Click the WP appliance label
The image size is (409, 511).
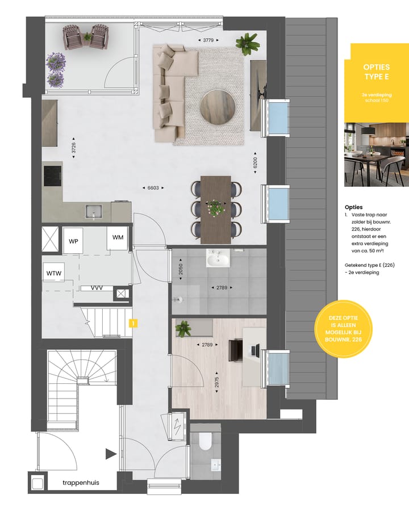pyautogui.click(x=73, y=241)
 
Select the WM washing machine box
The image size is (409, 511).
pyautogui.click(x=118, y=237)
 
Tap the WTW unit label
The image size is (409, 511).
pyautogui.click(x=54, y=274)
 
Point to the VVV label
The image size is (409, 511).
pyautogui.click(x=97, y=288)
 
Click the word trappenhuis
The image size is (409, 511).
pyautogui.click(x=81, y=483)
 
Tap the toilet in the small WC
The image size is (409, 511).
pyautogui.click(x=205, y=442)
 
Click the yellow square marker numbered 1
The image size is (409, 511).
pyautogui.click(x=132, y=324)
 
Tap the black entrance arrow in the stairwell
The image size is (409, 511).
pyautogui.click(x=110, y=454)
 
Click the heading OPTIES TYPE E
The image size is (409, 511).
pyautogui.click(x=376, y=72)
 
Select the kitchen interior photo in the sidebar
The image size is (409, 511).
pyautogui.click(x=376, y=153)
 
